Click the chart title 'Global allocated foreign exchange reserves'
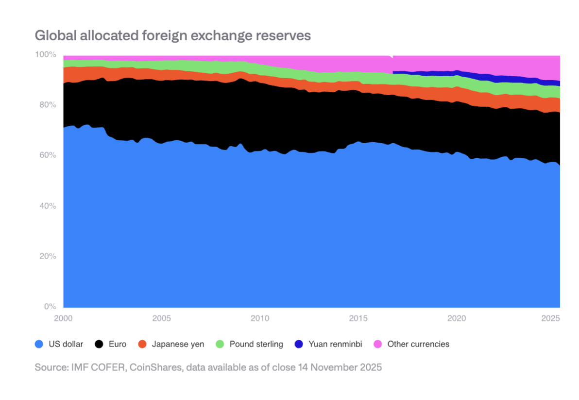point(172,35)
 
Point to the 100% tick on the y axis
point(46,55)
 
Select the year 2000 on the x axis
point(63,318)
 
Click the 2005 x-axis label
point(161,318)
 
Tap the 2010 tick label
point(259,318)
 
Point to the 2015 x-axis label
point(358,318)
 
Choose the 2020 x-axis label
point(456,318)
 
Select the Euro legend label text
point(118,344)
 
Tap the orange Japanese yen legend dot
point(142,344)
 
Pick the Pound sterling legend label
point(256,344)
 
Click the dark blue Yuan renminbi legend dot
point(299,344)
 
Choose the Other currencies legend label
point(418,344)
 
